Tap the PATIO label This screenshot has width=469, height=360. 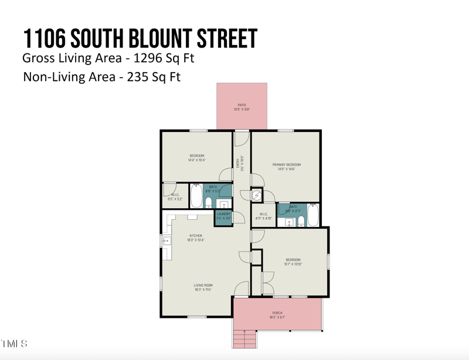pyautogui.click(x=242, y=106)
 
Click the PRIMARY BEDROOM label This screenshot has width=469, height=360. pyautogui.click(x=287, y=165)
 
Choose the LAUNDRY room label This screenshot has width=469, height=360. pyautogui.click(x=223, y=214)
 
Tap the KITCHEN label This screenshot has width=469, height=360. pyautogui.click(x=195, y=236)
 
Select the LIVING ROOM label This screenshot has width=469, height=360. pyautogui.click(x=203, y=286)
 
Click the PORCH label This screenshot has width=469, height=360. pyautogui.click(x=277, y=313)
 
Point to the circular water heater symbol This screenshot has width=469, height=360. pyautogui.click(x=257, y=195)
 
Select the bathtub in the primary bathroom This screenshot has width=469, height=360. pyautogui.click(x=312, y=216)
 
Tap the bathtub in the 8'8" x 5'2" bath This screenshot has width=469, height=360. pyautogui.click(x=196, y=196)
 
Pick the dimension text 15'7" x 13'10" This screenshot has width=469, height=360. pyautogui.click(x=293, y=264)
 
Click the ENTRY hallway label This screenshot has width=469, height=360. pyautogui.click(x=238, y=164)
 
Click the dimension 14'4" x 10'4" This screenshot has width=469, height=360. pyautogui.click(x=196, y=160)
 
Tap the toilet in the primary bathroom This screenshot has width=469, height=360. pyautogui.click(x=301, y=220)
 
